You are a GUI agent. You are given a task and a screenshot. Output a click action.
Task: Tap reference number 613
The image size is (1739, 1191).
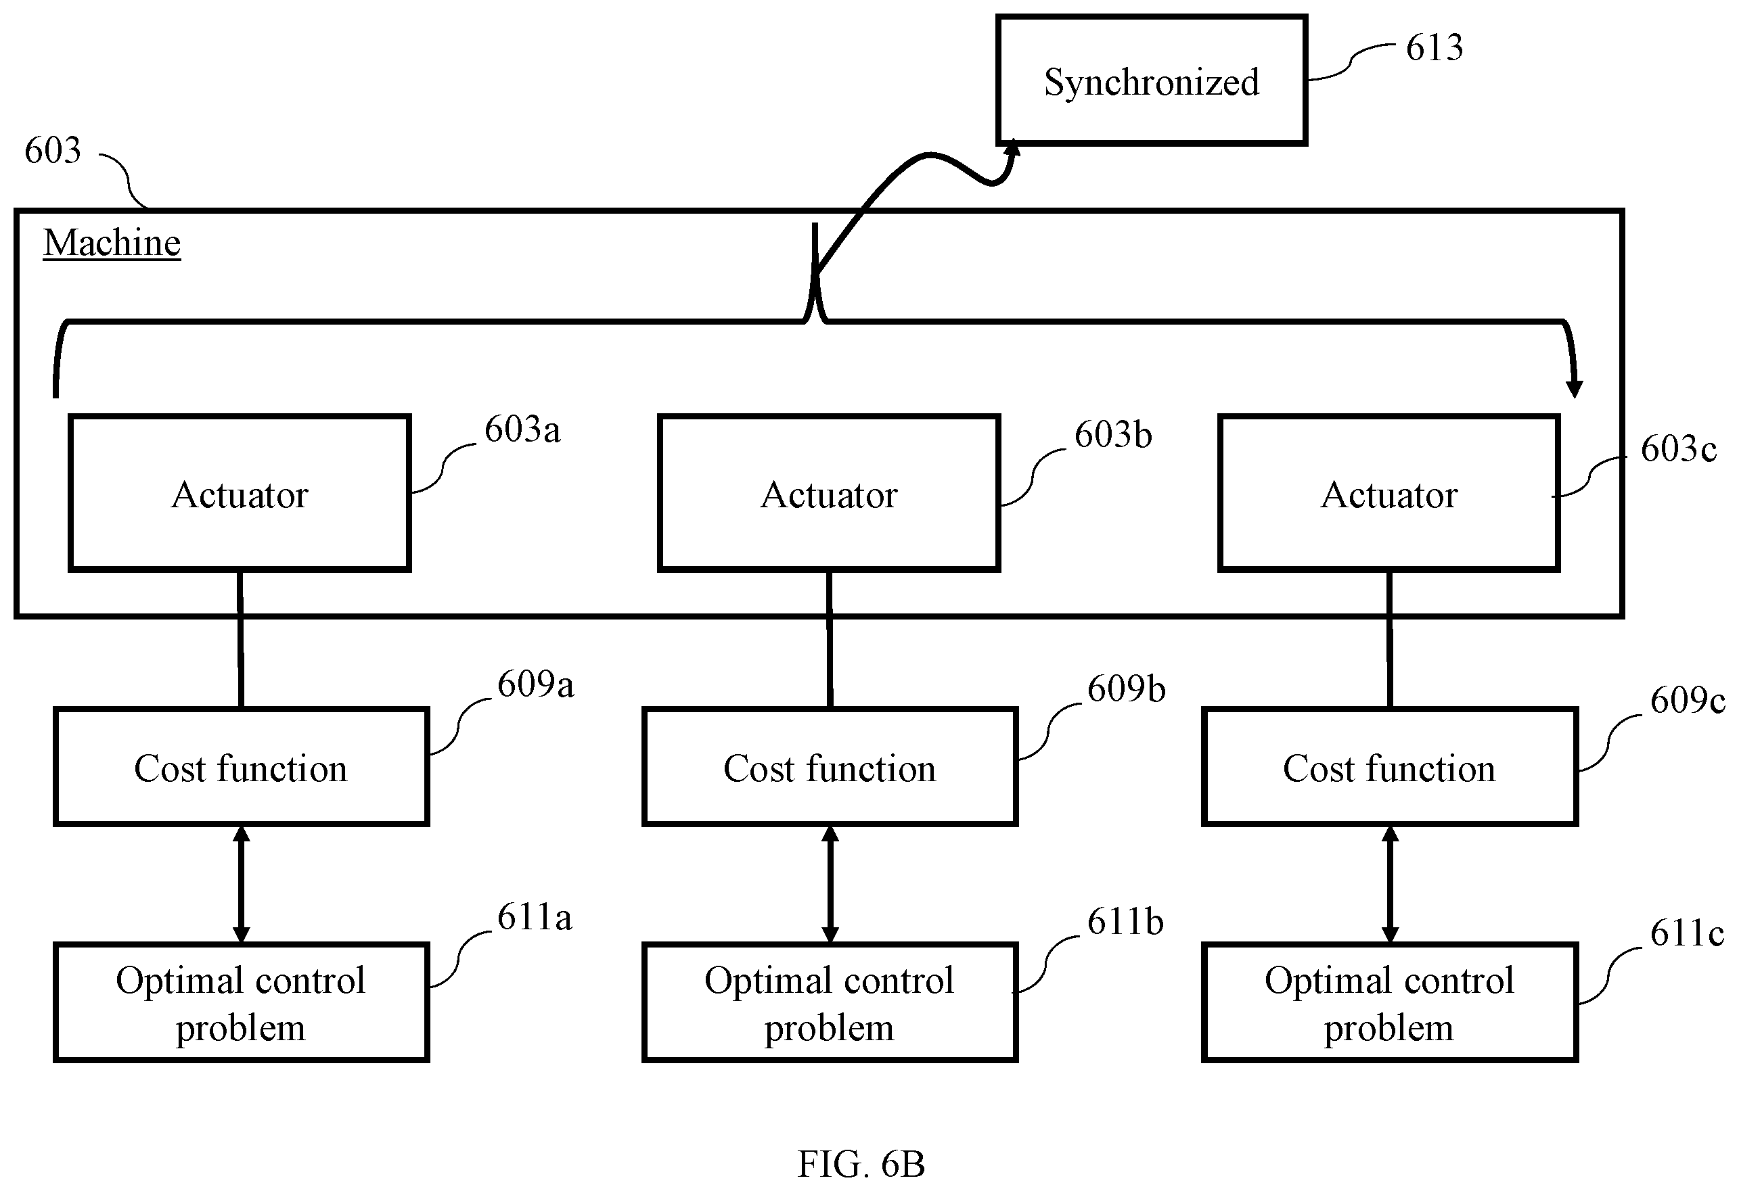click(x=1434, y=48)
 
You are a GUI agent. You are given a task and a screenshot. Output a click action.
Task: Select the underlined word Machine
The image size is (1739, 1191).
click(x=112, y=243)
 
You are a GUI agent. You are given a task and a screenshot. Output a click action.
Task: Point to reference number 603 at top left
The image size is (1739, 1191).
click(x=52, y=150)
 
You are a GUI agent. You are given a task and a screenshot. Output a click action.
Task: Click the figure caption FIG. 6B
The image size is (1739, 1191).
click(x=861, y=1164)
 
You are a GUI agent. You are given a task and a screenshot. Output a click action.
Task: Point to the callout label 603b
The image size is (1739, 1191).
click(x=1112, y=435)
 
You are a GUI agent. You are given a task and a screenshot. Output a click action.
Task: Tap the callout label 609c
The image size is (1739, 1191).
click(x=1688, y=700)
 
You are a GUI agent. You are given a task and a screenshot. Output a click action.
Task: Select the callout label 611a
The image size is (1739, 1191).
click(x=535, y=916)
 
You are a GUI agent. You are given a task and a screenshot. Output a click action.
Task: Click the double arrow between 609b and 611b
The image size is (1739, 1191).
click(x=830, y=884)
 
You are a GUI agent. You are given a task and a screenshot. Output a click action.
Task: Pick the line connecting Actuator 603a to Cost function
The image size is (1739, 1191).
click(x=240, y=640)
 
